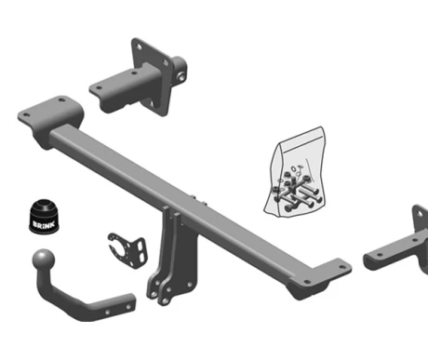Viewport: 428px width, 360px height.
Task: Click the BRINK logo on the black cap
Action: [44, 224]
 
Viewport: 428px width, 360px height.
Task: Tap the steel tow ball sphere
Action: [44, 260]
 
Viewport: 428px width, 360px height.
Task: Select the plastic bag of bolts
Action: [294, 172]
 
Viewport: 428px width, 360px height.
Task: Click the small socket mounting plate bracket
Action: [127, 250]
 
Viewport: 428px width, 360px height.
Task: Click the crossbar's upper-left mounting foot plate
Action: [51, 113]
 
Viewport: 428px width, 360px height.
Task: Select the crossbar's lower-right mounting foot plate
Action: [323, 277]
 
